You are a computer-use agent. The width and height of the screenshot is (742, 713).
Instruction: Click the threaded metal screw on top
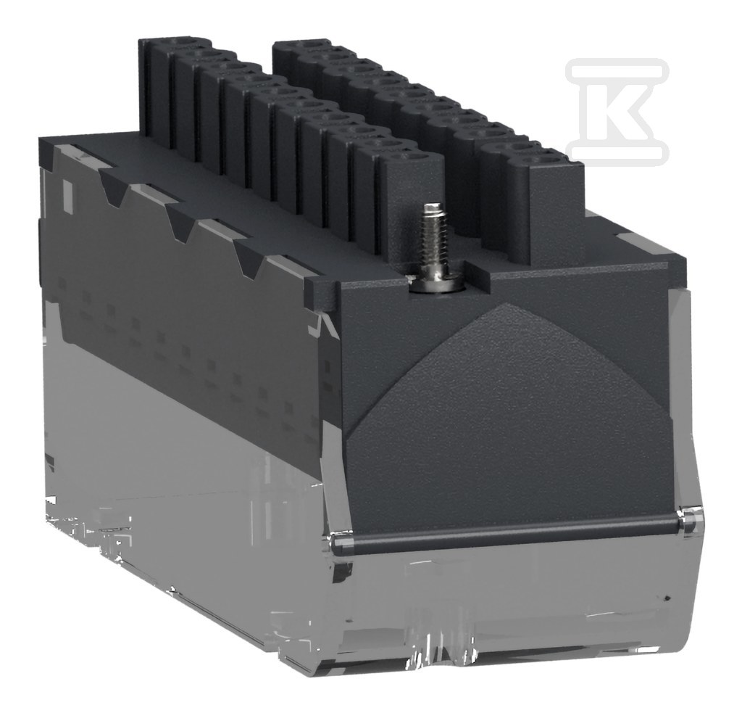pyautogui.click(x=429, y=247)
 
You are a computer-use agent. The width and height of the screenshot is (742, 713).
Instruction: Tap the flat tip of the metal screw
pyautogui.click(x=431, y=207)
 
